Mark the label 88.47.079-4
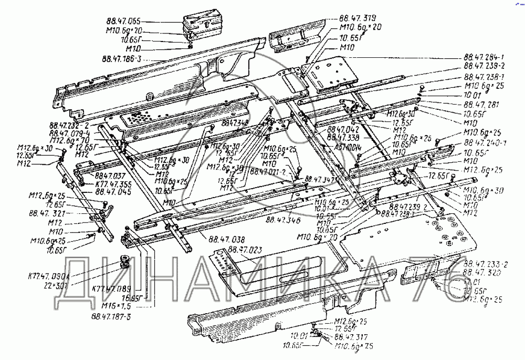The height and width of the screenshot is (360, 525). click(69, 134)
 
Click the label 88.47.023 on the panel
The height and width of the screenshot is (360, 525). click(246, 250)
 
